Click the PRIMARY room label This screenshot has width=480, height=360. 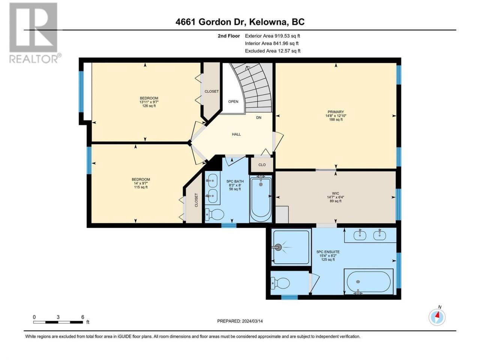pos(336,112)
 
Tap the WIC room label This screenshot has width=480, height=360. pos(336,193)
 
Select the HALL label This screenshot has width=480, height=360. pos(236,134)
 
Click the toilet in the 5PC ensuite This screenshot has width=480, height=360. pos(280,283)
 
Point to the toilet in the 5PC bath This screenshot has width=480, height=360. pos(214,214)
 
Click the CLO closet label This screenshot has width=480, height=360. pos(262,165)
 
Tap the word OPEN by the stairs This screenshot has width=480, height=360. pos(233,102)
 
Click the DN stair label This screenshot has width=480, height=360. pos(259,118)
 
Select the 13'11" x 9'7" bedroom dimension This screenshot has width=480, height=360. pos(149,102)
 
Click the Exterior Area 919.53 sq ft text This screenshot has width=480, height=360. pos(273,36)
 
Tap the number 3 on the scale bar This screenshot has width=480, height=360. pos(58,317)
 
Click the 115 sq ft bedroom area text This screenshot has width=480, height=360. pos(141,187)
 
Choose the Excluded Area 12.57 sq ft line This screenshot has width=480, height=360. pos(273,51)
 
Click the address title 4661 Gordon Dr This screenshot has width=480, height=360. pos(211,22)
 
